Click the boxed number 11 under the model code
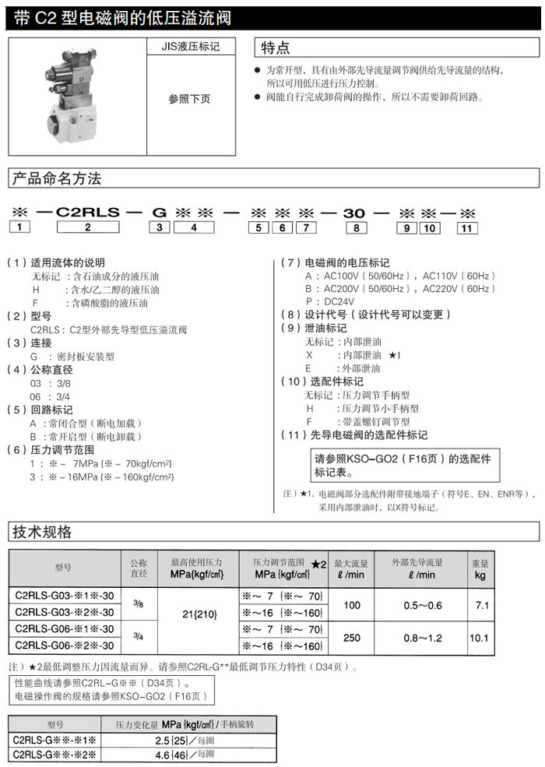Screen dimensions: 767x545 point(466,227)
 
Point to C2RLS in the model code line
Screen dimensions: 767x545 point(87,211)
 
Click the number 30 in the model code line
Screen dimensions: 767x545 point(355,211)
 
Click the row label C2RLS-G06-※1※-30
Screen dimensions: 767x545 point(64,629)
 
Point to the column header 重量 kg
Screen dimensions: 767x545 point(480,568)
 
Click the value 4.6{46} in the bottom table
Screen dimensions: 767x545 point(174,755)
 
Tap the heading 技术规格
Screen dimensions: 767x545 point(42,532)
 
